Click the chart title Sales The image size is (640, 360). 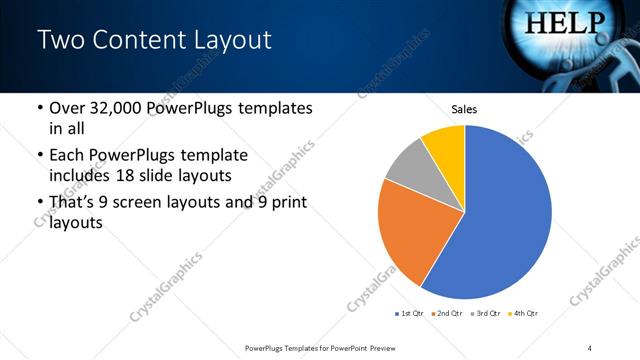click(464, 108)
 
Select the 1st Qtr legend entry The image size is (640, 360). click(410, 314)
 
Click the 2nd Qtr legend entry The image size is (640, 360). click(446, 314)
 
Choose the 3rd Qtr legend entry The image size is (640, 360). click(483, 314)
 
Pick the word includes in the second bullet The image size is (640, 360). click(83, 176)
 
